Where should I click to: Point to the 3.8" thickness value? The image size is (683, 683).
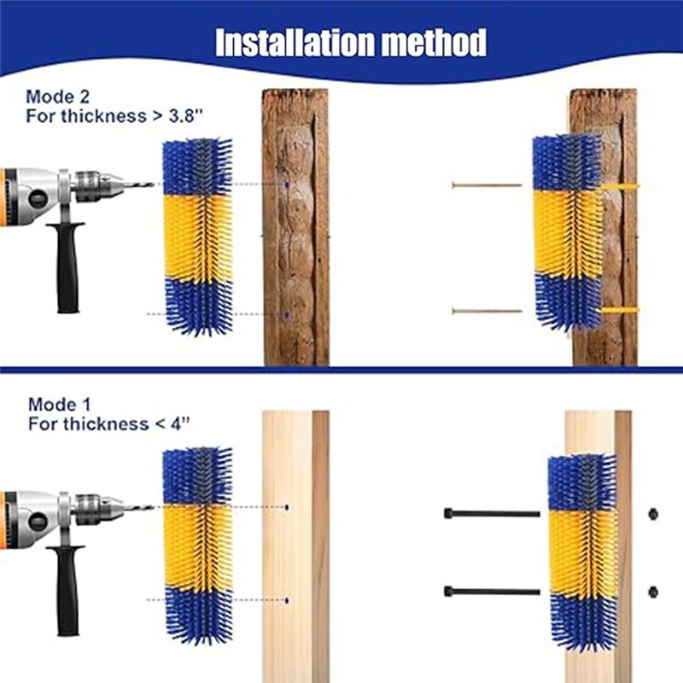[x=186, y=116]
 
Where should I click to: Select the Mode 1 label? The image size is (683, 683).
[x=60, y=405]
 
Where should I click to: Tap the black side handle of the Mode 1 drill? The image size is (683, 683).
[x=67, y=590]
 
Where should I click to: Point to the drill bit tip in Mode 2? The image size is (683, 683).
[x=154, y=184]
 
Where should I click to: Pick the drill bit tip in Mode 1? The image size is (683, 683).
[x=153, y=507]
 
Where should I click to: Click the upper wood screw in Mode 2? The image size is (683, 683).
[x=487, y=185]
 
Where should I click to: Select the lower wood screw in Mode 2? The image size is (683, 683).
[x=487, y=311]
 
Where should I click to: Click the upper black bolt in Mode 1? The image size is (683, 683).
[x=492, y=514]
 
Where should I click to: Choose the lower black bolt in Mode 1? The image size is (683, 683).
[x=492, y=592]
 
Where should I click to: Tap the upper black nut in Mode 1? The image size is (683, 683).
[x=652, y=514]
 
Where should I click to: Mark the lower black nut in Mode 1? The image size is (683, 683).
[x=652, y=593]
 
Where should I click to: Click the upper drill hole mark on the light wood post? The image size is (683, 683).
[x=287, y=507]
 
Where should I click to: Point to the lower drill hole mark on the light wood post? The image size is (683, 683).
[x=287, y=601]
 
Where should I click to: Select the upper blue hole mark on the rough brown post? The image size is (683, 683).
[x=287, y=184]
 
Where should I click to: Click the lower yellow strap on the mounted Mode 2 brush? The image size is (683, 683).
[x=620, y=310]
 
